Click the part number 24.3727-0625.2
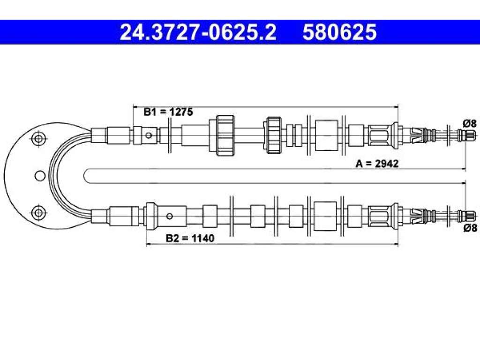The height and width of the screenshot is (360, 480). (x=198, y=32)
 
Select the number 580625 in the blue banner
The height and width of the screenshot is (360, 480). (x=339, y=32)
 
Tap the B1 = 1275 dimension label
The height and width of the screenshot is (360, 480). (x=168, y=112)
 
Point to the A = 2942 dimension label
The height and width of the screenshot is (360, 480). (x=377, y=164)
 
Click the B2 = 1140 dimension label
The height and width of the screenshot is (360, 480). (x=190, y=238)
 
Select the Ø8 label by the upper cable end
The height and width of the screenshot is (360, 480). (x=470, y=124)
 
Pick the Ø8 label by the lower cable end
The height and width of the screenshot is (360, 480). (x=470, y=228)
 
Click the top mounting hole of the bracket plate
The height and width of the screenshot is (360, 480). (x=38, y=139)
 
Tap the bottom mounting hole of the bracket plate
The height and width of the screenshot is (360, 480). (x=38, y=212)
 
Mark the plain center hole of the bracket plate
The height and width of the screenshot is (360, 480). (x=40, y=176)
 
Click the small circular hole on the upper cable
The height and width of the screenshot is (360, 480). (x=149, y=135)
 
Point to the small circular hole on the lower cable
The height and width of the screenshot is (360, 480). (x=170, y=217)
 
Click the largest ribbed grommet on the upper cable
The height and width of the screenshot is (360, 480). (x=225, y=135)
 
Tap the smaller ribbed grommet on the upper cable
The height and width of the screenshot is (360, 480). (x=274, y=135)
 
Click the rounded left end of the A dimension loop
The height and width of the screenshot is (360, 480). (x=84, y=176)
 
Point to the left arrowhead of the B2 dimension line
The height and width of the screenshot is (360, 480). (x=149, y=244)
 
